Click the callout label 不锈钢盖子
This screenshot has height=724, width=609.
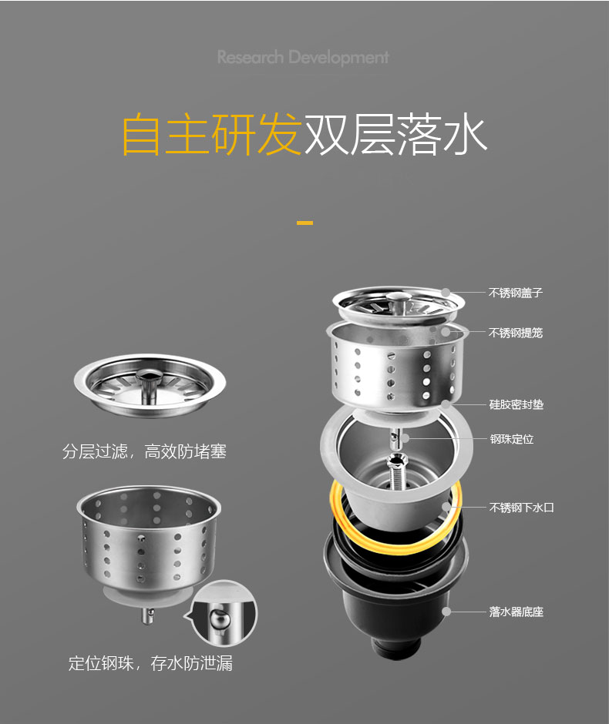coord(515,293)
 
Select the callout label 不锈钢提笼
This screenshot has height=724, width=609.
coord(515,333)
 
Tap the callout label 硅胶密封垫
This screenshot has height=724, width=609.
coord(516,404)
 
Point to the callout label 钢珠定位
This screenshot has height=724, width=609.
coord(512,439)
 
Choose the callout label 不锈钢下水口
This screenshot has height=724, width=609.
coord(521,508)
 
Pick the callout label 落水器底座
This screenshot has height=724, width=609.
coord(516,612)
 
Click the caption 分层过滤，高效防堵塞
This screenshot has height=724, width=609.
coord(144,451)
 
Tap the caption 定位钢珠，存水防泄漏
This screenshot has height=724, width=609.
coord(150,663)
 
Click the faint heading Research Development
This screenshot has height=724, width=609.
coord(303,58)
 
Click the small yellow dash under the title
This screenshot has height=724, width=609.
coord(304,223)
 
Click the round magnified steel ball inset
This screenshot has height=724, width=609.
coord(224,613)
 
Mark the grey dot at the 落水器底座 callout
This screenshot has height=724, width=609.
coord(446,612)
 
